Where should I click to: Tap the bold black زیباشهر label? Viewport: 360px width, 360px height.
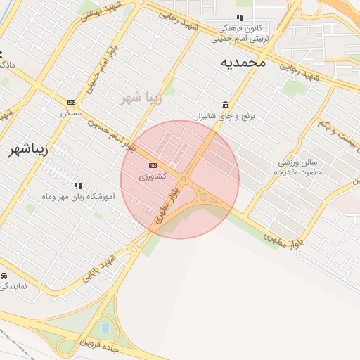pos(29,150)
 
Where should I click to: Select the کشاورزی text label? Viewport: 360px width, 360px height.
pos(153,176)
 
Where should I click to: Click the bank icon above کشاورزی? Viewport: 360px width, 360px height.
pos(153,165)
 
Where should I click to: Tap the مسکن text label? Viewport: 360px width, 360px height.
pos(71,112)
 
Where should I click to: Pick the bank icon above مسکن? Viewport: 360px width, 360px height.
pos(71,102)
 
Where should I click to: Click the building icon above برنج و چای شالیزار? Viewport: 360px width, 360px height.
pos(225,105)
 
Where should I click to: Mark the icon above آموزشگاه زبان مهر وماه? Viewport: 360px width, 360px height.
pos(77,186)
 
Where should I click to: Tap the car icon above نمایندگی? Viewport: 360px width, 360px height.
pos(4,275)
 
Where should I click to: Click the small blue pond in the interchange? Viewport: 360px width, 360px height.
pos(105,328)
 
